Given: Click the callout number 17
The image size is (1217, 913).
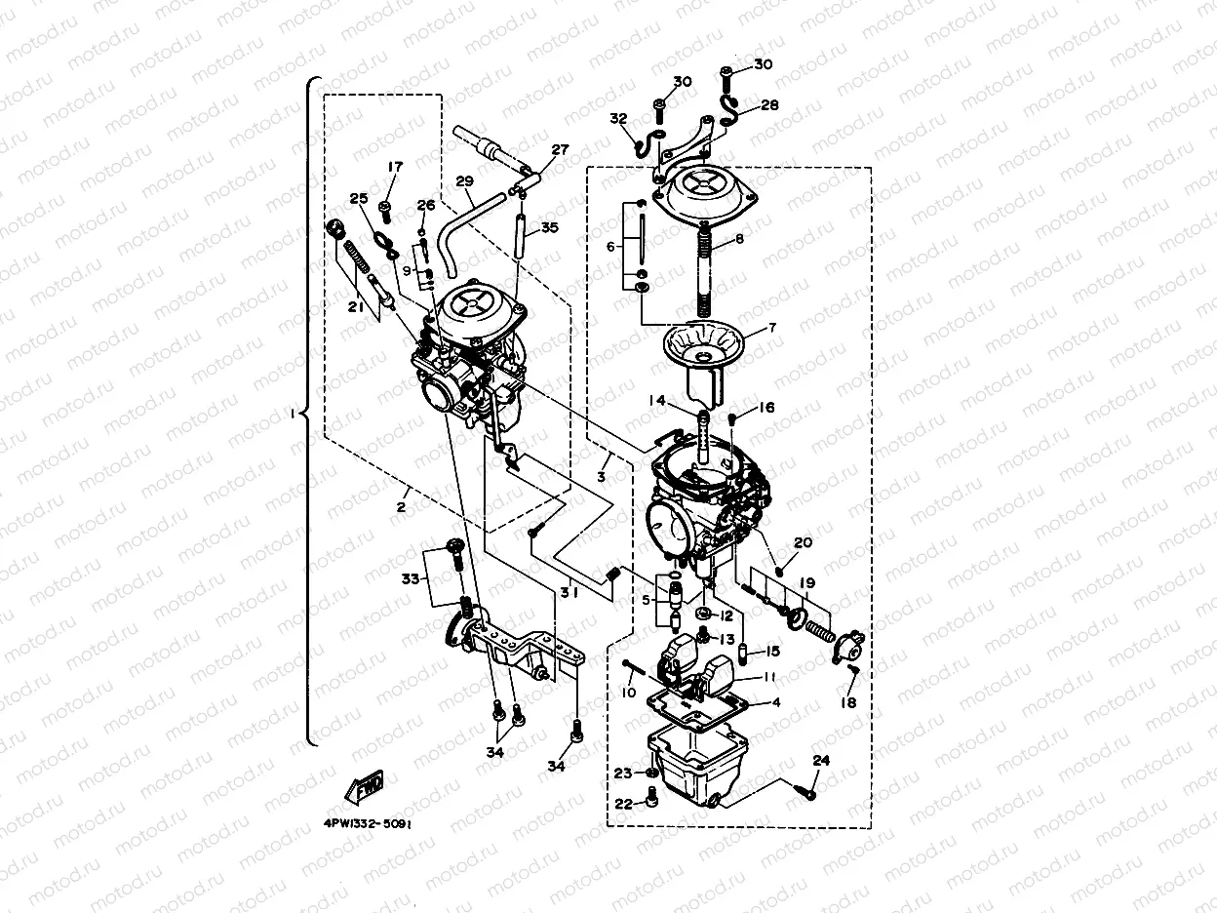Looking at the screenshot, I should [394, 168].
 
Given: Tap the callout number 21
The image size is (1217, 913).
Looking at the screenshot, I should [355, 307].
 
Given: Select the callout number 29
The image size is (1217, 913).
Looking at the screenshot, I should [464, 182].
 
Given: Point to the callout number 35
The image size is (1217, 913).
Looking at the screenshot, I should [550, 228].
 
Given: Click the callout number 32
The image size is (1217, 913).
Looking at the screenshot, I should [618, 119].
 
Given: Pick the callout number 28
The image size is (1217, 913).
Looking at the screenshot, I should [770, 104].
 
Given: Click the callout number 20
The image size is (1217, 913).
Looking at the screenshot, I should [803, 543].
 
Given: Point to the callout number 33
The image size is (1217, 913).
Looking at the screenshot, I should [411, 578].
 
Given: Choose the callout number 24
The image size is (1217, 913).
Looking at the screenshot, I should [821, 760].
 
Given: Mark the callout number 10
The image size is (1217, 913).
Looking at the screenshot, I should [628, 693].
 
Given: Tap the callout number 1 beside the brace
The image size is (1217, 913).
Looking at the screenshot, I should [290, 414].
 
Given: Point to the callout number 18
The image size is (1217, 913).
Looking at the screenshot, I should [849, 702].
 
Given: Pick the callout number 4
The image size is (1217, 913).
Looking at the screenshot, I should [776, 702].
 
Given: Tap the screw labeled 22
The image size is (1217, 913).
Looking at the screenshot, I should [652, 803].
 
